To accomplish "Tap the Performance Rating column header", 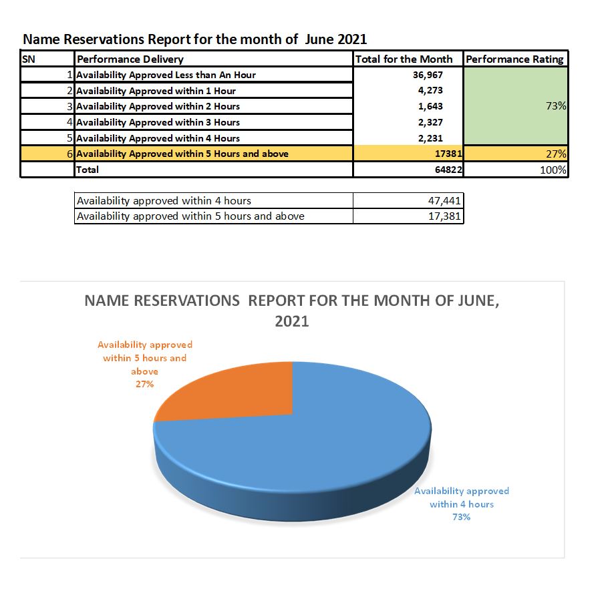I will [x=514, y=59].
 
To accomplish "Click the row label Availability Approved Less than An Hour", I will [x=166, y=75].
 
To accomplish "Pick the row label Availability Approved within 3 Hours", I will [x=158, y=122].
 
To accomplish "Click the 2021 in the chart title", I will [x=292, y=321].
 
